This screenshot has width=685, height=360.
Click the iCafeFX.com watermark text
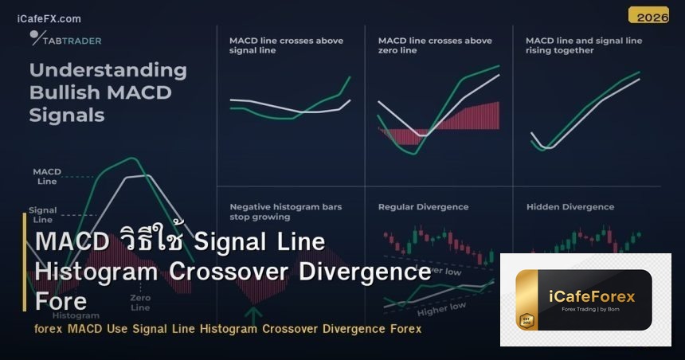(49, 18)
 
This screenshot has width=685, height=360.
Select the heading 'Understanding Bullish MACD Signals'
(108, 92)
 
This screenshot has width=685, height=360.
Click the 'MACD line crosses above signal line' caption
(285, 45)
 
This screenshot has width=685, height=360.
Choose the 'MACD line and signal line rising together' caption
(583, 45)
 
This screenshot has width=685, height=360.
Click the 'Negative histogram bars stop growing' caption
(285, 211)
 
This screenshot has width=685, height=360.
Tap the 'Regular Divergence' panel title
(423, 207)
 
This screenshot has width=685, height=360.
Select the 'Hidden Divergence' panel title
(570, 207)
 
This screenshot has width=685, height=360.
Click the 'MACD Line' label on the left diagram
(47, 176)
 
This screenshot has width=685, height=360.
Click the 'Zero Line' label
(140, 303)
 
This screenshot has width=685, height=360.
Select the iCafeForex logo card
(585, 299)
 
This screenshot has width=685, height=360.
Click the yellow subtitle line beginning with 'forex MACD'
(228, 329)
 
